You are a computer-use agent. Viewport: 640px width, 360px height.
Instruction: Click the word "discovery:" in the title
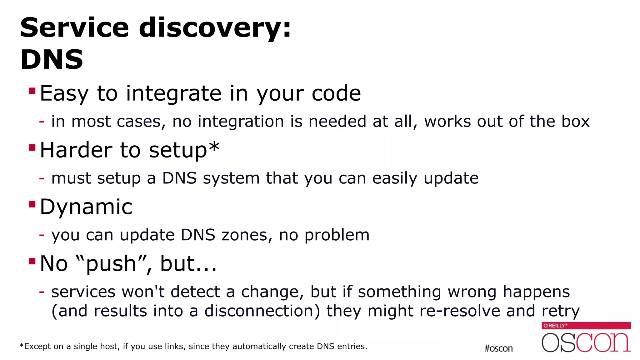pyautogui.click(x=215, y=28)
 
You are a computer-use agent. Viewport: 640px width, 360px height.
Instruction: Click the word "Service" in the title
pyautogui.click(x=74, y=28)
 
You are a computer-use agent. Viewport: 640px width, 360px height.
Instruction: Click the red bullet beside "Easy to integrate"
pyautogui.click(x=32, y=91)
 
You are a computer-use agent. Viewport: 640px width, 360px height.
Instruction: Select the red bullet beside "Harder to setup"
pyautogui.click(x=32, y=147)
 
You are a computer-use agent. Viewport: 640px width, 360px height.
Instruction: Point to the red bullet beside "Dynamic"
pyautogui.click(x=32, y=204)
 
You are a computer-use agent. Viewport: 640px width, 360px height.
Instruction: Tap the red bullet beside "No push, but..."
pyautogui.click(x=32, y=261)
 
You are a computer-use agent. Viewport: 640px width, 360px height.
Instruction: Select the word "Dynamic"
pyautogui.click(x=86, y=207)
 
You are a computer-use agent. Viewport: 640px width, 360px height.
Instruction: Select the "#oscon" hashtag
pyautogui.click(x=498, y=348)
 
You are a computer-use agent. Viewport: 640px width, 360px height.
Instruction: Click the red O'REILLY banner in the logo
pyautogui.click(x=586, y=326)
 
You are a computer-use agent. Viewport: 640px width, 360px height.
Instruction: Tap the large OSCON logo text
pyautogui.click(x=586, y=342)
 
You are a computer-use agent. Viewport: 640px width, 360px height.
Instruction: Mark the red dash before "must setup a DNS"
pyautogui.click(x=42, y=178)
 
